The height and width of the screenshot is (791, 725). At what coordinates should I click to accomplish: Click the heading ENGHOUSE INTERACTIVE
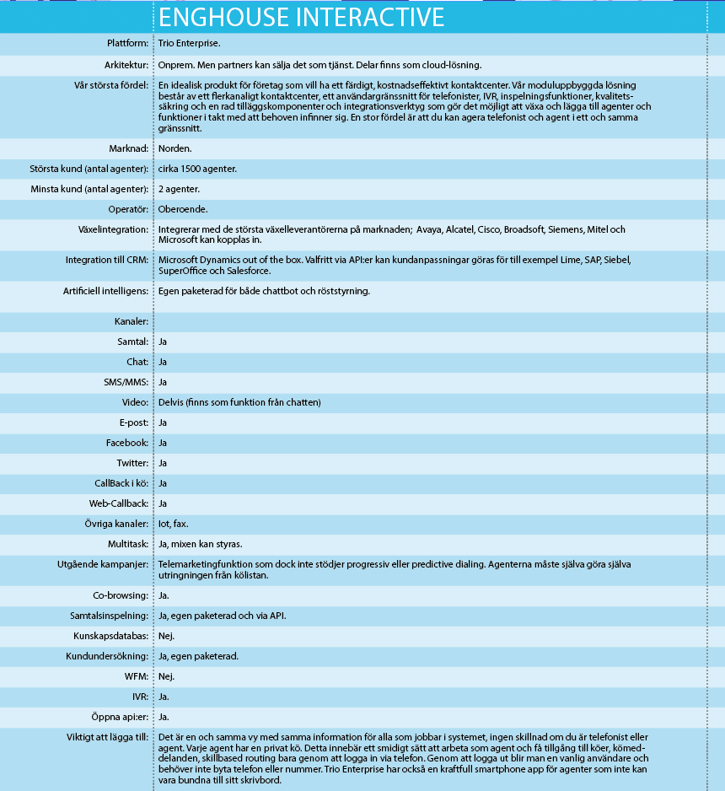click(x=301, y=17)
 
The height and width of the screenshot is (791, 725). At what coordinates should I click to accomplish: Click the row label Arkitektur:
click(x=121, y=65)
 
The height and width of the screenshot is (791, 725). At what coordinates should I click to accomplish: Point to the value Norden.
click(x=175, y=148)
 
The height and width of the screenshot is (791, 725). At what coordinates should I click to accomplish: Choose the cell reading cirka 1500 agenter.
click(x=197, y=169)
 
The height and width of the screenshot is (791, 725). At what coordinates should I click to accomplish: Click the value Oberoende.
click(x=184, y=209)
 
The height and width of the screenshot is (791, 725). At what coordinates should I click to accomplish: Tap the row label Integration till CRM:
click(x=107, y=260)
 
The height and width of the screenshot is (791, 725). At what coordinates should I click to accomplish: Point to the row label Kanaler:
click(x=132, y=321)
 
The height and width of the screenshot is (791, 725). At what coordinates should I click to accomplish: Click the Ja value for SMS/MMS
click(x=164, y=382)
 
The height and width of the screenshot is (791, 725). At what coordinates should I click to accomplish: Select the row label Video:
click(x=134, y=402)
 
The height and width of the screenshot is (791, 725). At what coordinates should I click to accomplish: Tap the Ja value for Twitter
click(x=164, y=463)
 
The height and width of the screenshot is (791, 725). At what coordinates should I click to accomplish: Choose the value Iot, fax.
click(x=174, y=524)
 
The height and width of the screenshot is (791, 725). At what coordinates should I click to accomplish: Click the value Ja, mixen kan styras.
click(x=201, y=544)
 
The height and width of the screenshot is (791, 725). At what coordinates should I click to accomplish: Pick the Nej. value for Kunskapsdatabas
click(x=167, y=636)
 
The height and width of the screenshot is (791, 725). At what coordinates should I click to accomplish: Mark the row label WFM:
click(x=137, y=676)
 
